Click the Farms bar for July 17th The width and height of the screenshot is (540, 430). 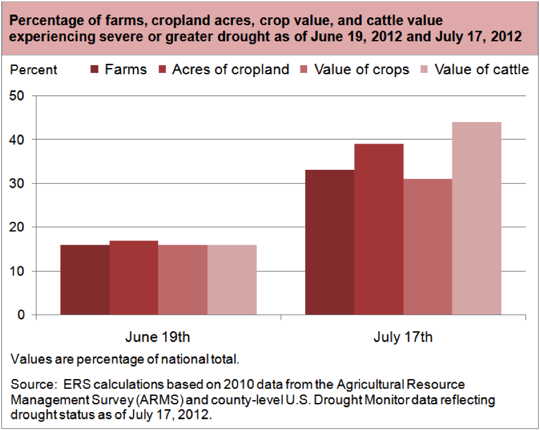[330, 242]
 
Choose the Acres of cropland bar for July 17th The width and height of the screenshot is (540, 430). [379, 229]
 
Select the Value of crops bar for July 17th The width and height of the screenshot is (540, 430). [427, 246]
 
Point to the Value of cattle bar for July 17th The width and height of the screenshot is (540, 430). [477, 218]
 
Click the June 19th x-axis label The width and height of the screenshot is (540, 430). [158, 337]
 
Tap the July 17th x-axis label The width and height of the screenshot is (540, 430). [403, 337]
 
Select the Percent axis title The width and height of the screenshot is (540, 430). [34, 70]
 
